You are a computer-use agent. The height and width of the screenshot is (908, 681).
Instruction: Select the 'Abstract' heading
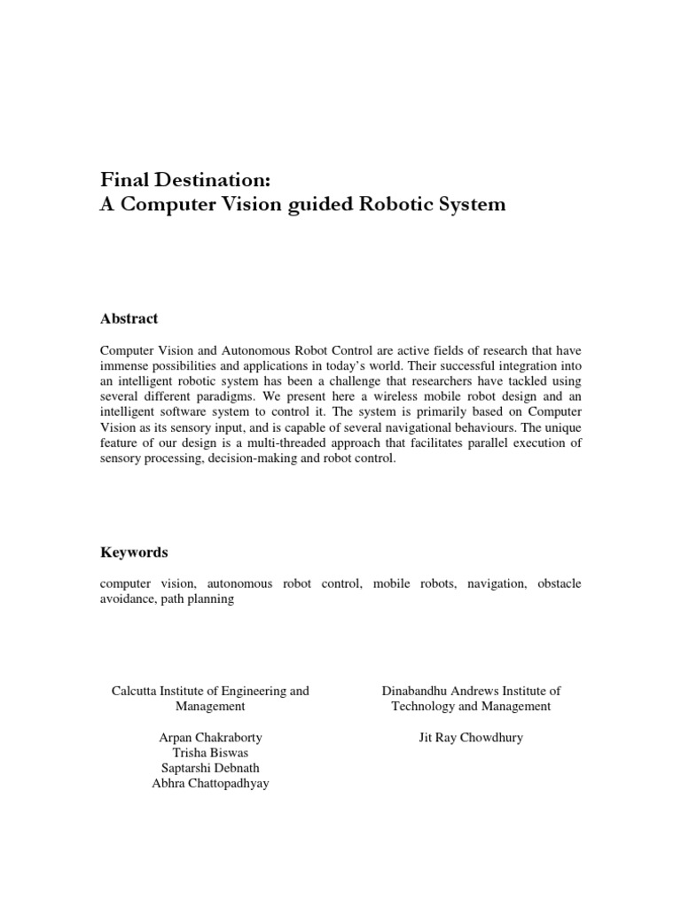[x=129, y=319]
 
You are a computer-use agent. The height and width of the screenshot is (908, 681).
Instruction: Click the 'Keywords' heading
[x=134, y=552]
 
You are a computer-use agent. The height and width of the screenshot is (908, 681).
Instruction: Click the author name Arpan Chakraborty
[x=210, y=738]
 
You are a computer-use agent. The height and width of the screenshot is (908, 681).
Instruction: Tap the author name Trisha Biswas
[x=210, y=754]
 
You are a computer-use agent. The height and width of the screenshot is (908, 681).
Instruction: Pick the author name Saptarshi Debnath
[x=210, y=769]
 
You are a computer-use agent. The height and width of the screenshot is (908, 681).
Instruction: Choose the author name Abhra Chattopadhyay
[x=210, y=785]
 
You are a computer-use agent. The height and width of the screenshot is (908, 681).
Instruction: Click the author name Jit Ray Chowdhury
[x=471, y=738]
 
